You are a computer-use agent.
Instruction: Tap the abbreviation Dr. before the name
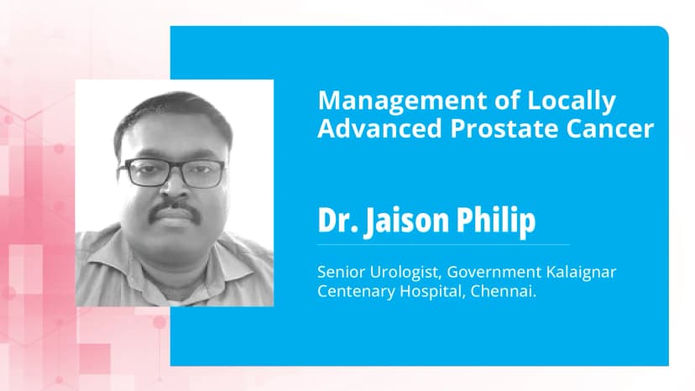336,220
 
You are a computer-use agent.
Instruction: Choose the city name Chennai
489,292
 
